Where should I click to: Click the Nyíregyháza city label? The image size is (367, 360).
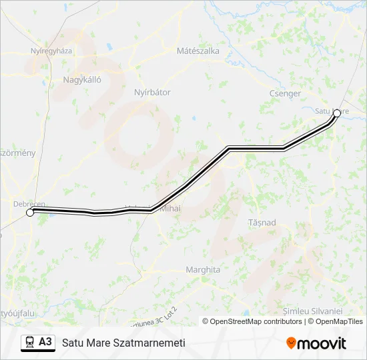coord(51,51)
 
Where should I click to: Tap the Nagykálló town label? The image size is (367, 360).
coord(81,79)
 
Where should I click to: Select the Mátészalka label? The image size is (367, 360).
coord(198,51)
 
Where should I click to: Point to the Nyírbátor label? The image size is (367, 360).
coord(152,92)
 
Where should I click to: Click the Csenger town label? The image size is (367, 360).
coord(285,94)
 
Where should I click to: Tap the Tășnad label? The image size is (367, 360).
coord(262,223)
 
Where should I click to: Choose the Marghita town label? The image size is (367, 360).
coord(203,270)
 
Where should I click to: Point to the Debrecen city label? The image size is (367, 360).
coord(29,203)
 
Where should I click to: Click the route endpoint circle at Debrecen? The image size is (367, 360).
coord(29,213)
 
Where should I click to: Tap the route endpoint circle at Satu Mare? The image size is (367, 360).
coord(337,113)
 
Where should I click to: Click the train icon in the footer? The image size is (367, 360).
coord(29,342)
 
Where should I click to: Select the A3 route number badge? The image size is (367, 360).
coord(45,342)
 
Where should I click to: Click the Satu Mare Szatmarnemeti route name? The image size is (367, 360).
coord(123,343)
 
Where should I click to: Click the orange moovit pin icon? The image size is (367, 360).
coord(291,343)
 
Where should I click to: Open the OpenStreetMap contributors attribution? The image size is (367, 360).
coord(252,321)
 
